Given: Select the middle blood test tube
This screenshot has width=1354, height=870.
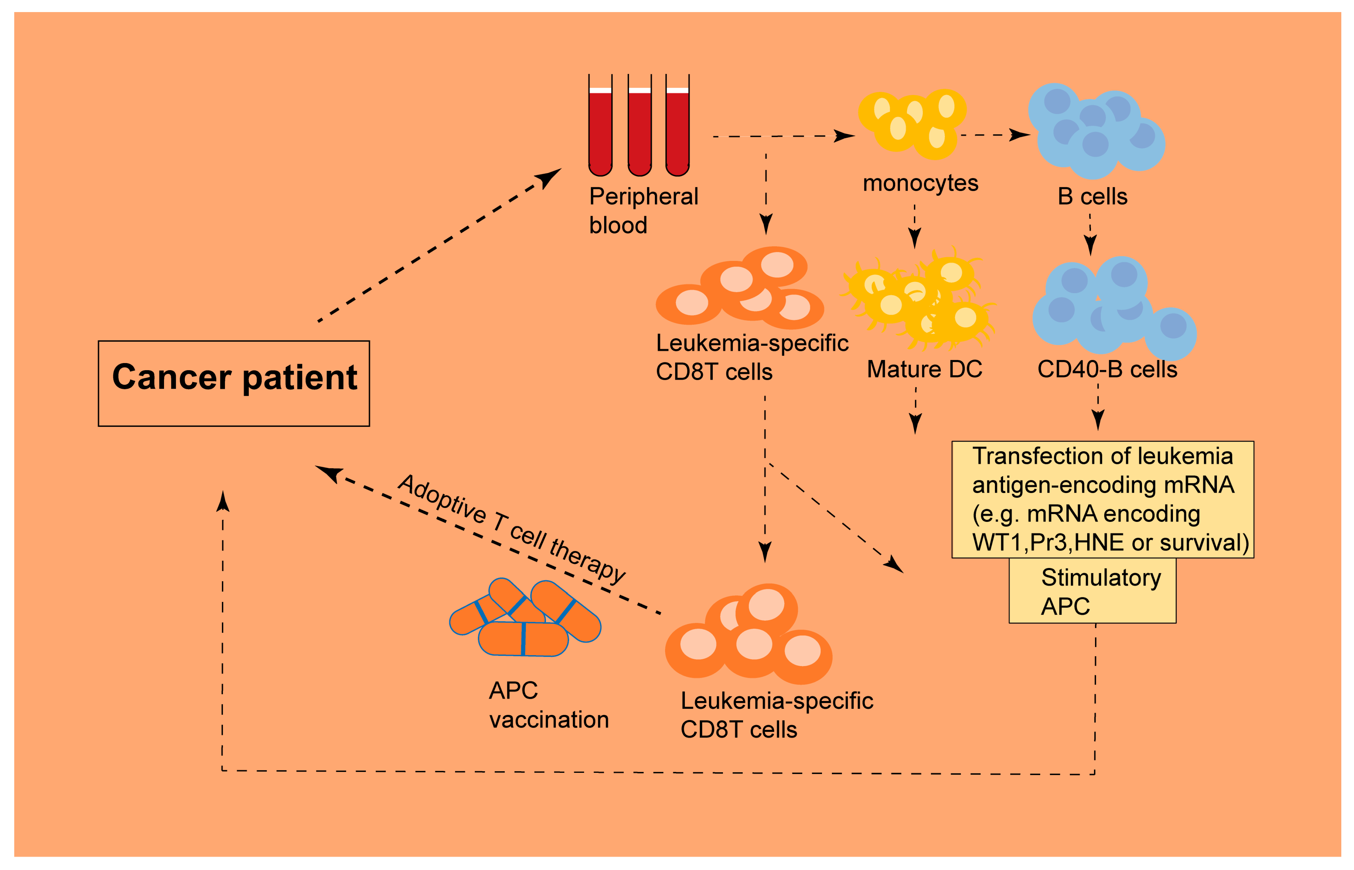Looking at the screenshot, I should [639, 127].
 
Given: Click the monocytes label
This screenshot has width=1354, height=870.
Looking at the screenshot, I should [920, 183].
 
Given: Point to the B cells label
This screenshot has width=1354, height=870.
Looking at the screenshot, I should [1092, 197].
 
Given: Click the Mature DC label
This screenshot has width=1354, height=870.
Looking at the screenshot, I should [924, 370].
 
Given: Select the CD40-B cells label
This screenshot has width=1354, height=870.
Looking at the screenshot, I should [1107, 370].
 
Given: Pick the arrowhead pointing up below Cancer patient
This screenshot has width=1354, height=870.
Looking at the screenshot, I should [223, 501].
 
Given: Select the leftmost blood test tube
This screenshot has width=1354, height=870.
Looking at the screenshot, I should [600, 127].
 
